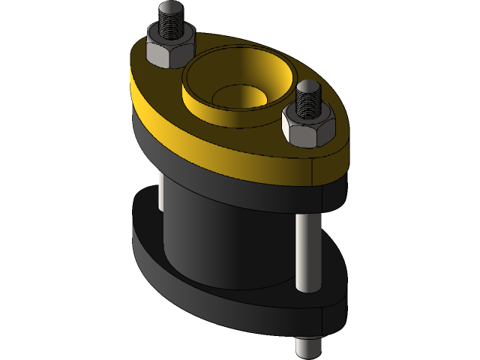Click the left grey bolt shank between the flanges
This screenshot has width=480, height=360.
pyautogui.click(x=160, y=191)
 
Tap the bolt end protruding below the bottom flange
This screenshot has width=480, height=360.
pyautogui.click(x=308, y=346)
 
